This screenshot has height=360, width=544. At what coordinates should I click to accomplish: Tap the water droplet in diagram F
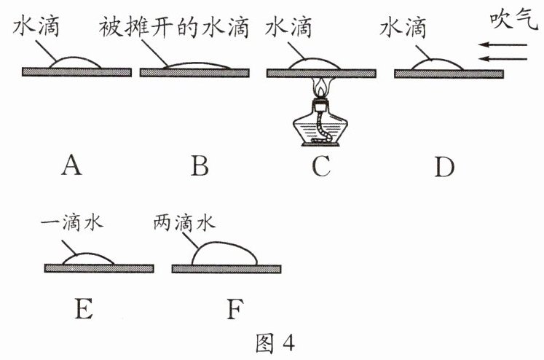pos(224,254)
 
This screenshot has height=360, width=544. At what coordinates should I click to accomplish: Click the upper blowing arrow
pos(502,45)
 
